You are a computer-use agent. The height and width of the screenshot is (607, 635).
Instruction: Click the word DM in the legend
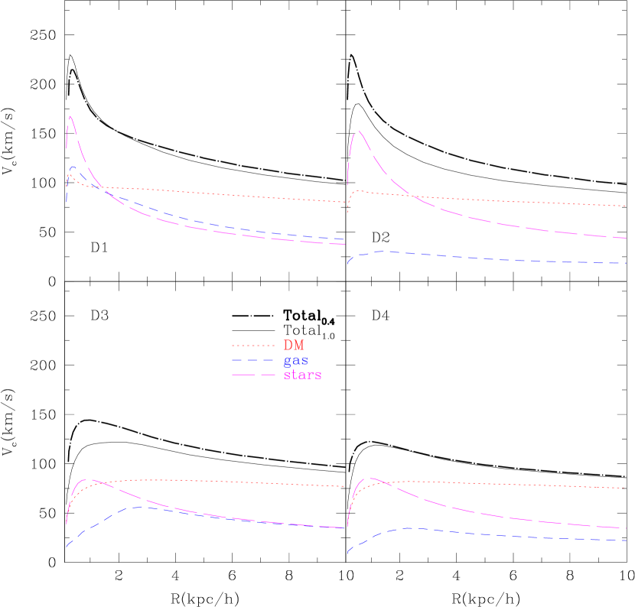pyautogui.click(x=294, y=346)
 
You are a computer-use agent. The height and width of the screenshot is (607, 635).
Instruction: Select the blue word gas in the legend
pyautogui.click(x=295, y=360)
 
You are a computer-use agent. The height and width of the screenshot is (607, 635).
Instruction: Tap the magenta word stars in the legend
pyautogui.click(x=302, y=375)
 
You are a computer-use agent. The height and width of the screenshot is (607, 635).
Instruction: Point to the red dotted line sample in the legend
pyautogui.click(x=252, y=346)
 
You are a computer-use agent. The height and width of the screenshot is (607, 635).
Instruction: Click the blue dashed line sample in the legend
pyautogui.click(x=252, y=360)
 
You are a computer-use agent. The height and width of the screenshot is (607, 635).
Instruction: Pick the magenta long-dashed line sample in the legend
pyautogui.click(x=252, y=375)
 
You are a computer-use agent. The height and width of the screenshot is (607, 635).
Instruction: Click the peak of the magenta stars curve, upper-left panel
pyautogui.click(x=70, y=116)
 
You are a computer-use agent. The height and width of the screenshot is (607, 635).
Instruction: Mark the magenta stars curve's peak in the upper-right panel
pyautogui.click(x=358, y=131)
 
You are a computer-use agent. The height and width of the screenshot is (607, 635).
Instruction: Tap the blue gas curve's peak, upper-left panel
pyautogui.click(x=73, y=167)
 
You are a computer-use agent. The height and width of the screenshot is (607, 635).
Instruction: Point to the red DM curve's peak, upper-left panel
pyautogui.click(x=69, y=175)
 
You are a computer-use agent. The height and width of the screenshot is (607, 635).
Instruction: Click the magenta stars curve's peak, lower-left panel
pyautogui.click(x=89, y=480)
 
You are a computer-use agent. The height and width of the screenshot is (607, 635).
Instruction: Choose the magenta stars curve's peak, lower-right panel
pyautogui.click(x=371, y=479)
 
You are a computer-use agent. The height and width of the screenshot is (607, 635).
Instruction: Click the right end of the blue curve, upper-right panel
pyautogui.click(x=627, y=264)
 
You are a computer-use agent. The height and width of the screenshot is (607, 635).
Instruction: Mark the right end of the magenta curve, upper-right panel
pyautogui.click(x=627, y=239)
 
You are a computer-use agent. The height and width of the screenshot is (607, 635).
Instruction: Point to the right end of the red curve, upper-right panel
pyautogui.click(x=627, y=206)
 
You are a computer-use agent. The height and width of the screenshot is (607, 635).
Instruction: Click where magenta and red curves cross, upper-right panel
pyautogui.click(x=413, y=196)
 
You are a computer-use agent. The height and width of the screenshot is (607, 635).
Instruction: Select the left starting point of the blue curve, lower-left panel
pyautogui.click(x=67, y=547)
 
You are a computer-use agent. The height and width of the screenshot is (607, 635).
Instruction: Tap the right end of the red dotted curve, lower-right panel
pyautogui.click(x=627, y=488)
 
